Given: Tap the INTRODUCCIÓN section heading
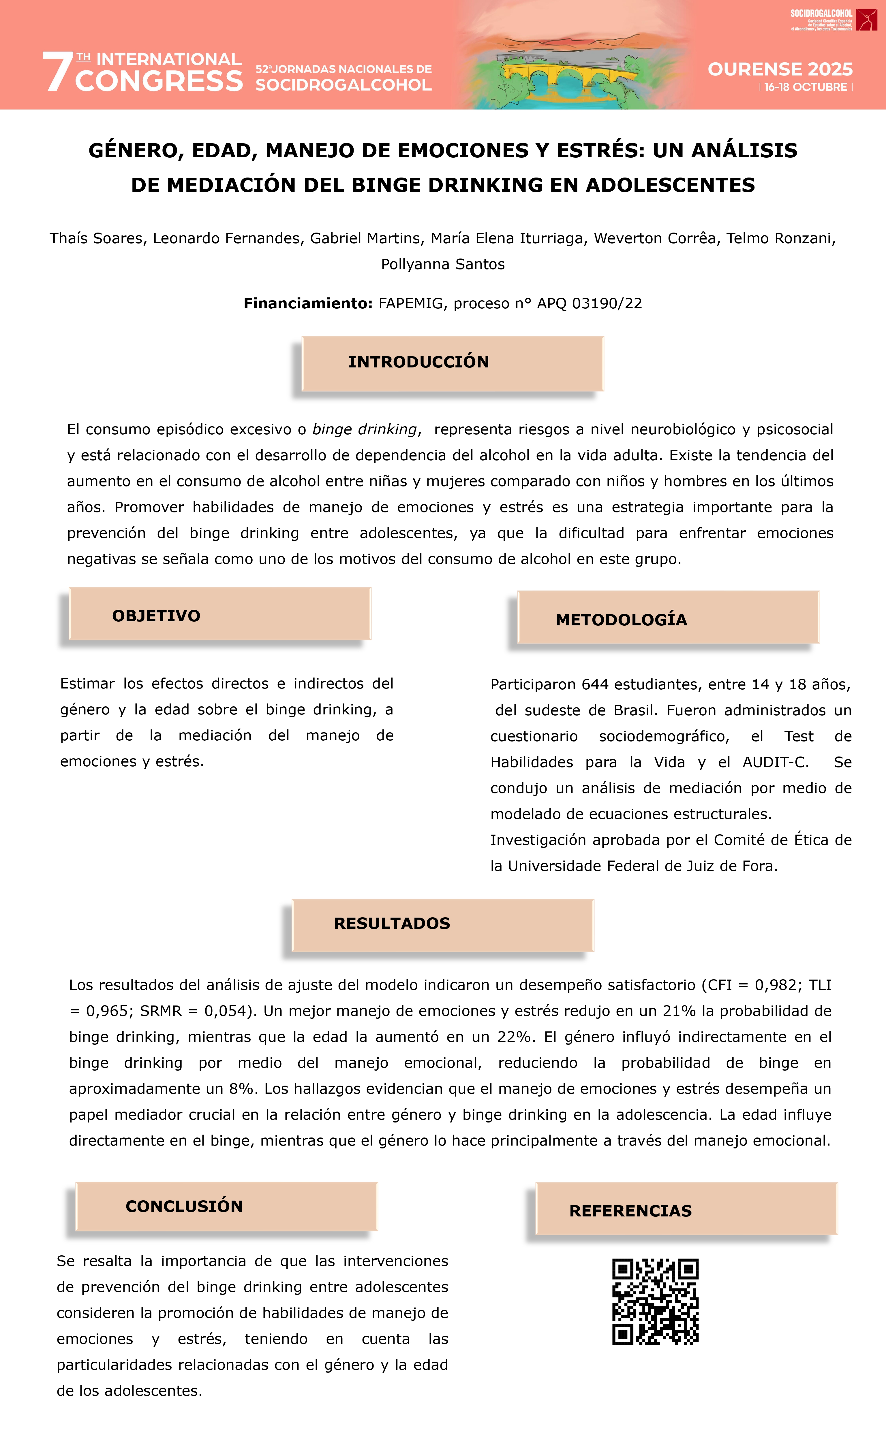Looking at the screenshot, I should click(x=418, y=362).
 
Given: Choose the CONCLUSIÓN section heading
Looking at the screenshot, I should click(x=184, y=1206).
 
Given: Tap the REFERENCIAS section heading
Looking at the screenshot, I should click(x=630, y=1211).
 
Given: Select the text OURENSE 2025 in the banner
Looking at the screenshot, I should click(x=780, y=69).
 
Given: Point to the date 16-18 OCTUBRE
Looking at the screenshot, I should click(x=806, y=87).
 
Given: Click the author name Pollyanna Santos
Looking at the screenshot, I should click(x=442, y=264).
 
